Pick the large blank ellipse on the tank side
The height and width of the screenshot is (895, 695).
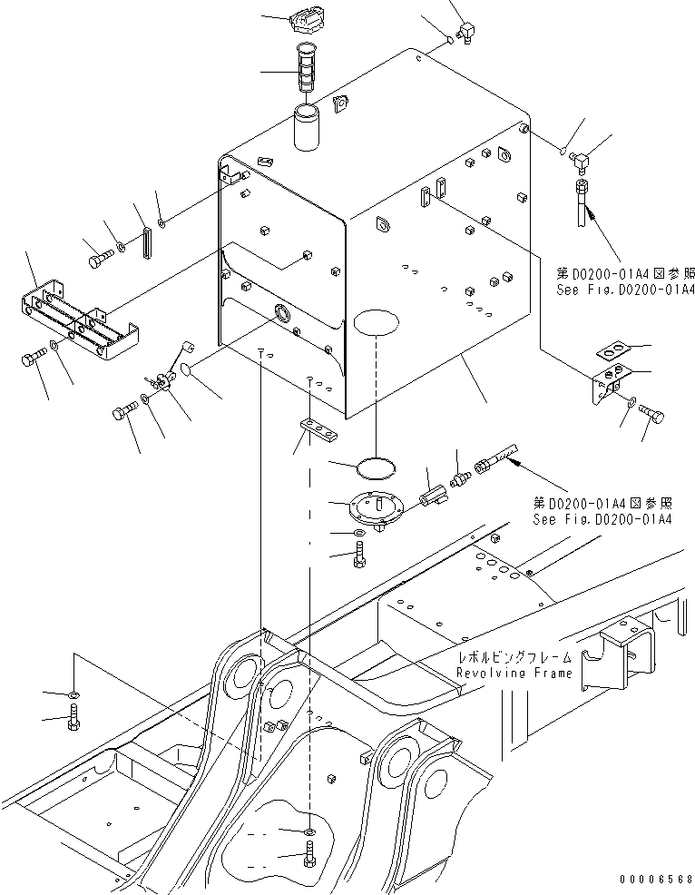[374, 323]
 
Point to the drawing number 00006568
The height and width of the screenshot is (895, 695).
[657, 880]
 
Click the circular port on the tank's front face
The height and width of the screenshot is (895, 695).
[281, 314]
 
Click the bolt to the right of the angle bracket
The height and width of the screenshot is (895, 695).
[652, 415]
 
